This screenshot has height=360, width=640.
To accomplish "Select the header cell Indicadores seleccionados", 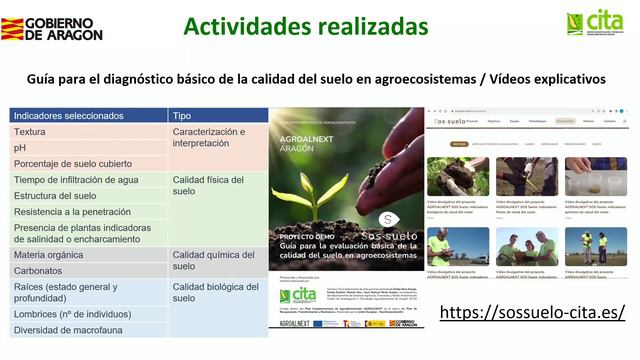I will pyautogui.click(x=69, y=115).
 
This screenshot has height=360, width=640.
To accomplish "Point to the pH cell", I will pyautogui.click(x=20, y=147).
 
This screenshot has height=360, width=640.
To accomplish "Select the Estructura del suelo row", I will pyautogui.click(x=55, y=196).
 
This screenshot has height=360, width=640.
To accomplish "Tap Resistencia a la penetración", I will pyautogui.click(x=72, y=212).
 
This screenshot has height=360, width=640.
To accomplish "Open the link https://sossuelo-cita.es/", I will pyautogui.click(x=532, y=311).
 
